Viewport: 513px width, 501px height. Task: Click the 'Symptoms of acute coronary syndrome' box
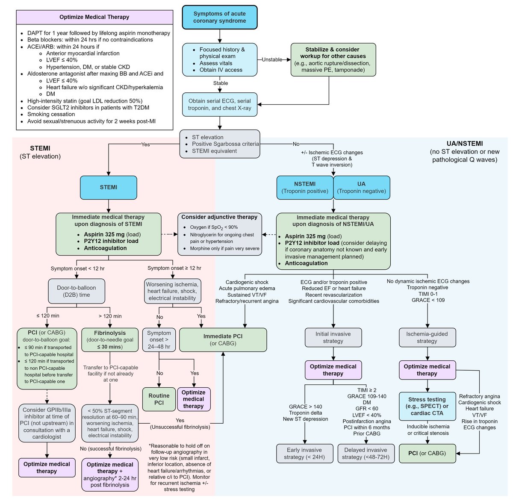[219, 17]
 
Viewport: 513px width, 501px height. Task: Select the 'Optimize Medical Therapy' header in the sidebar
[94, 17]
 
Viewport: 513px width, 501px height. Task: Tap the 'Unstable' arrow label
[272, 59]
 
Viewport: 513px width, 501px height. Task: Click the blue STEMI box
[109, 187]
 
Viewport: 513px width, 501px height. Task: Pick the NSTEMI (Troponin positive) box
[305, 187]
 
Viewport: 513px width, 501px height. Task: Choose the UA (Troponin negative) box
[361, 187]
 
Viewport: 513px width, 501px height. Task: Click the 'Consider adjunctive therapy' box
[219, 234]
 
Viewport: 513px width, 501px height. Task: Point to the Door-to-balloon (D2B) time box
[77, 292]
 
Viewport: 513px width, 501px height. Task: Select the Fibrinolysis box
[110, 339]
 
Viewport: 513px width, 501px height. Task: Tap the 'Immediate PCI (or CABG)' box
[223, 340]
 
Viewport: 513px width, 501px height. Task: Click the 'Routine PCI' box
[159, 399]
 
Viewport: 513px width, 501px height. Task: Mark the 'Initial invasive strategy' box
[333, 337]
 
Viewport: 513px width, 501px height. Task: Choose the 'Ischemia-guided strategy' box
[427, 337]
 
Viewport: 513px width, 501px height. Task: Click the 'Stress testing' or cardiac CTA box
[427, 406]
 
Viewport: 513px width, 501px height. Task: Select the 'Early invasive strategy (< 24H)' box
[305, 453]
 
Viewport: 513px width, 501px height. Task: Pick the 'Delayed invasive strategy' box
[366, 453]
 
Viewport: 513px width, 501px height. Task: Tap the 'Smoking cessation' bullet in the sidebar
[51, 114]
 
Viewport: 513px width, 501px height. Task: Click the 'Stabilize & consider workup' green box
[333, 59]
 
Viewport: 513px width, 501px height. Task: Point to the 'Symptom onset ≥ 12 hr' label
[174, 268]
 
